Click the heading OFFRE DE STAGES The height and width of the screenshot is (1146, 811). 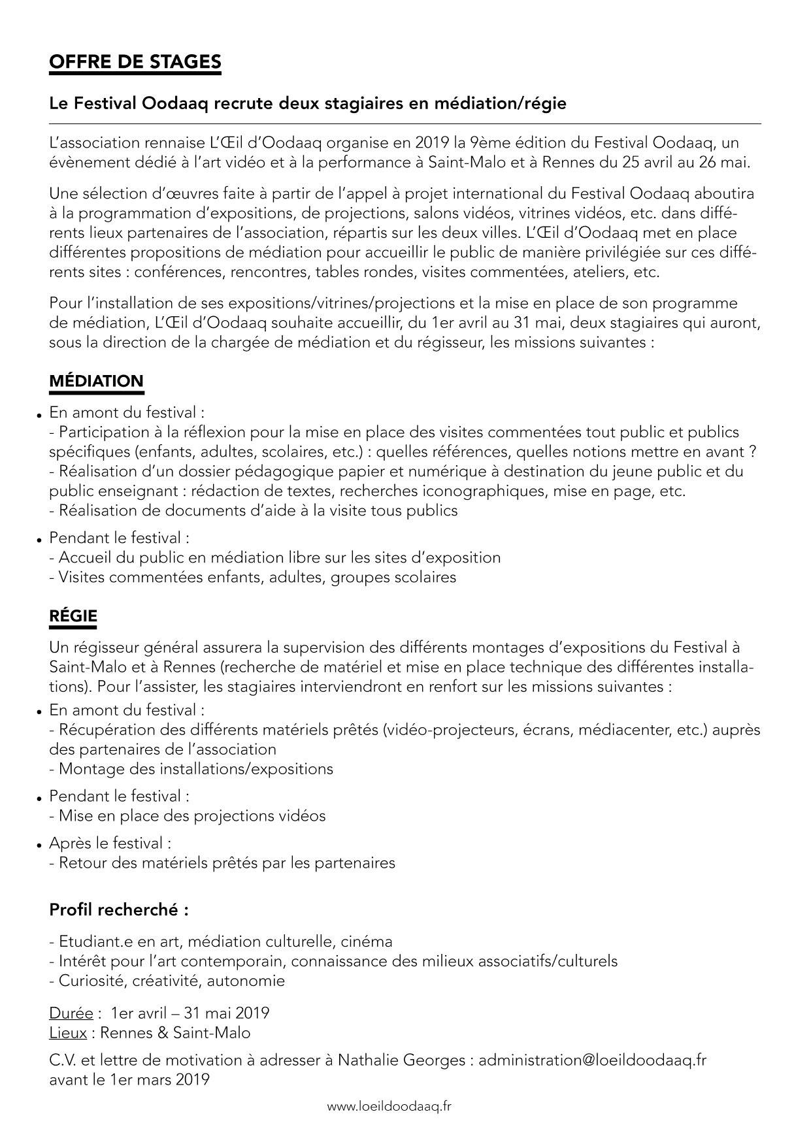click(x=135, y=62)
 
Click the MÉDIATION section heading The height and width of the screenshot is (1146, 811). click(x=96, y=381)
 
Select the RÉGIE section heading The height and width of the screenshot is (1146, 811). click(x=73, y=615)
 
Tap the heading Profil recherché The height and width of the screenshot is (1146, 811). click(x=119, y=909)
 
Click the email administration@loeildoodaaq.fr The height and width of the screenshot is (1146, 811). click(x=592, y=1060)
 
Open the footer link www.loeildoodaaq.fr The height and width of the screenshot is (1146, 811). click(x=389, y=1106)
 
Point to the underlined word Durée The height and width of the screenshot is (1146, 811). click(x=71, y=1013)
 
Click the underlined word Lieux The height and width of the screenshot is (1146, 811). click(x=68, y=1033)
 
